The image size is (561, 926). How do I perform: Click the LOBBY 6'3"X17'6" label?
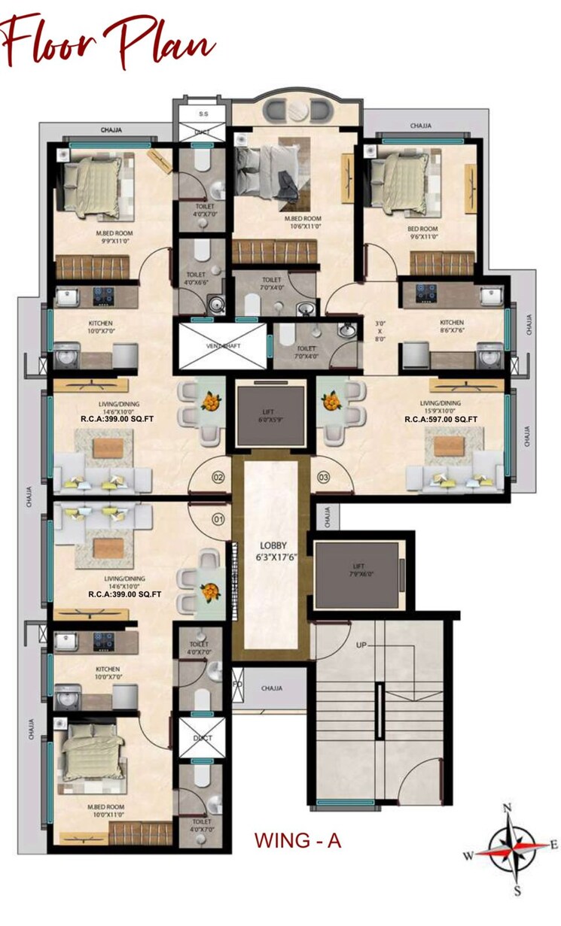271,551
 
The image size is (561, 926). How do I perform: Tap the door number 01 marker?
218,518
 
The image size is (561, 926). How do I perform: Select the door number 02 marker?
218,477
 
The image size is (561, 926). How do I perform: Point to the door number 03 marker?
325,477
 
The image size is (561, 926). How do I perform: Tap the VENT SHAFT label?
221,347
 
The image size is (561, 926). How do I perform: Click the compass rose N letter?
508,809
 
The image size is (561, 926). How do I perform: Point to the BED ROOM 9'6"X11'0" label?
422,232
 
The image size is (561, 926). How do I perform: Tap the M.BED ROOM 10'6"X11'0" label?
303,221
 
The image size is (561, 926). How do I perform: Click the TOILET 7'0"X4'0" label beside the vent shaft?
306,352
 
